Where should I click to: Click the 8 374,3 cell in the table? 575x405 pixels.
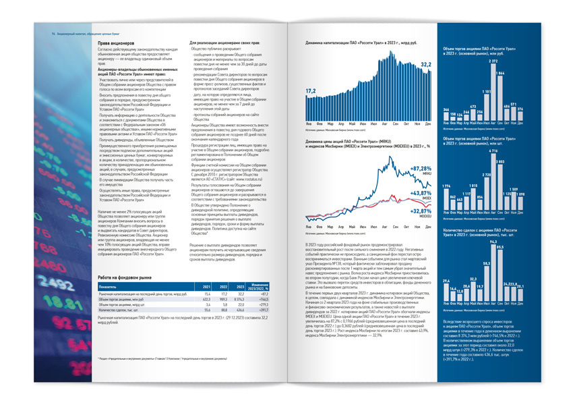(x=239, y=300)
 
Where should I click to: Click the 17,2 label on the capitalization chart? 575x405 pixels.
(x=310, y=90)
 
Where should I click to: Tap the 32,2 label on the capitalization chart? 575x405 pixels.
(x=426, y=65)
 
